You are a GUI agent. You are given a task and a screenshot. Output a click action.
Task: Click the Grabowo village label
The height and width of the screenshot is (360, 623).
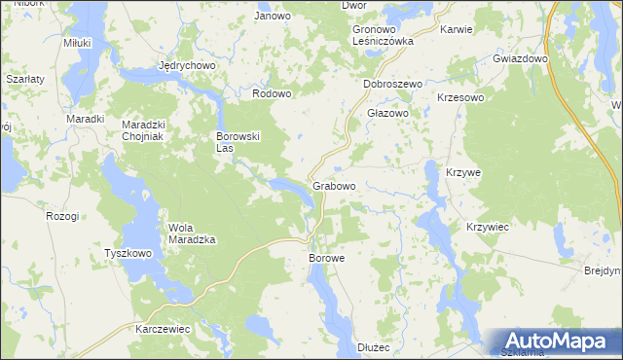point(334,185)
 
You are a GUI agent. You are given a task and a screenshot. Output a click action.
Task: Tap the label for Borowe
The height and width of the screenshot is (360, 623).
point(327,259)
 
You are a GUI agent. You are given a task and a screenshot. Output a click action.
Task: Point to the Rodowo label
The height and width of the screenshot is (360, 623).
point(272,93)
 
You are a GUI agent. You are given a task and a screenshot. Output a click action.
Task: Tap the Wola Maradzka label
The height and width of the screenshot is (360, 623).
point(192,233)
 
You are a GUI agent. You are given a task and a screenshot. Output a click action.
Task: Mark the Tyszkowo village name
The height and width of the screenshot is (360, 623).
point(128,254)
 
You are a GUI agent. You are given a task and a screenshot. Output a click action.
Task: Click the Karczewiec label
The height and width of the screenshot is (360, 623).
point(163,329)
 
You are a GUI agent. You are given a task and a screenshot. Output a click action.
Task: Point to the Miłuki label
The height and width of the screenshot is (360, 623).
point(76,44)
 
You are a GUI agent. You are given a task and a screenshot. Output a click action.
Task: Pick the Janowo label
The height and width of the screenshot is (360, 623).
point(273,17)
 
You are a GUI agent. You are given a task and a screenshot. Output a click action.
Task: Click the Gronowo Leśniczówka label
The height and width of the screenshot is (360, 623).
point(384,36)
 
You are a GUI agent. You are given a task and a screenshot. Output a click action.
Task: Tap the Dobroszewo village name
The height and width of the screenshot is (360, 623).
point(392,85)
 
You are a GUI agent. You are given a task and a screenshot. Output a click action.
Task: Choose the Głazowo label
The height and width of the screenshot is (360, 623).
point(386,113)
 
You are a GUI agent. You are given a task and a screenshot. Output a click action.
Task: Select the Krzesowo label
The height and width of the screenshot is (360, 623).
point(461,98)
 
